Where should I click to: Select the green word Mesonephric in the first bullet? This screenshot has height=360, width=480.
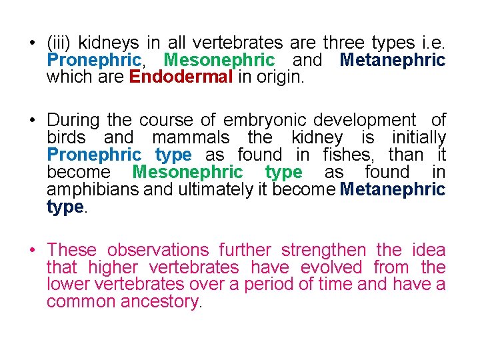coord(219,60)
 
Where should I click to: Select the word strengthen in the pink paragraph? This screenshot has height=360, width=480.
coord(323,250)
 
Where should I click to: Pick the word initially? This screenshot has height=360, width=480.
coord(419,137)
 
